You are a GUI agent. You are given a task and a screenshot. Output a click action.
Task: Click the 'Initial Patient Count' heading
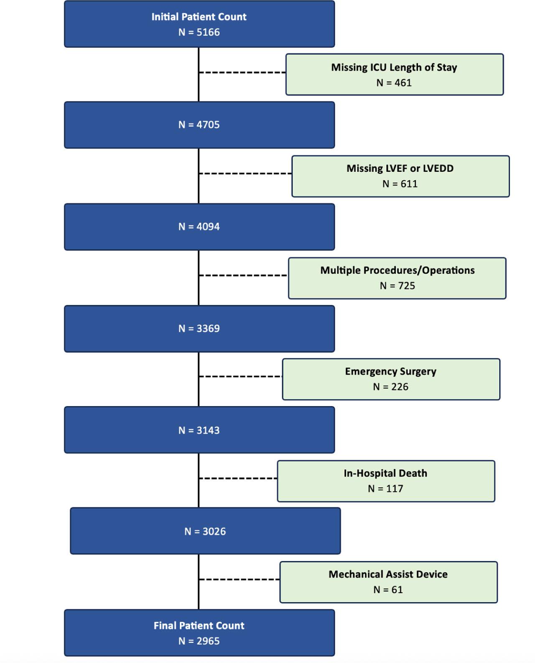[x=199, y=17]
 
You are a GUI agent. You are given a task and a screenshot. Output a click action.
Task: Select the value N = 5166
[x=199, y=32]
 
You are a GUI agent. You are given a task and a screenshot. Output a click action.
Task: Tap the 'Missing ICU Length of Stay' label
[x=394, y=67]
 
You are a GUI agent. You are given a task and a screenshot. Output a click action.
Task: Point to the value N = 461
[x=394, y=83]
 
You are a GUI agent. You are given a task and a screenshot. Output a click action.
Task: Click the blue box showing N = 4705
[x=199, y=125]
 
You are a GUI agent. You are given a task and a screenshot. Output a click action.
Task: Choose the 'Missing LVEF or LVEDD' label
[x=400, y=169]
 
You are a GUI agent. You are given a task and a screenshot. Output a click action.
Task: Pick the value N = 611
[x=400, y=184]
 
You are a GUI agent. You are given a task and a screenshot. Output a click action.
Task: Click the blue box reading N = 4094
[x=199, y=227]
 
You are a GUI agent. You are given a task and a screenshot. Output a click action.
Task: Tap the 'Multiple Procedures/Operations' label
[x=397, y=271]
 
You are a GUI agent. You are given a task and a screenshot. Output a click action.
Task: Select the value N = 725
[x=397, y=286]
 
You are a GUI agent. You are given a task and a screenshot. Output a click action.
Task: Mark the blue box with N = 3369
[x=199, y=329]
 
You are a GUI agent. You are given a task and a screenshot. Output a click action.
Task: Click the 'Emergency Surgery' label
[x=391, y=371]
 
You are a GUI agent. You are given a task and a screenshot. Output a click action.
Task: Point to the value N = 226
[x=391, y=387]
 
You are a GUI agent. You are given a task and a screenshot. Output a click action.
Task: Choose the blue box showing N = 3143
[x=199, y=430]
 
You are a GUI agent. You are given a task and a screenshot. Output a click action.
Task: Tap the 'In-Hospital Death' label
[x=385, y=474]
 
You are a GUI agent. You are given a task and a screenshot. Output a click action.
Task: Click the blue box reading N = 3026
[x=205, y=531]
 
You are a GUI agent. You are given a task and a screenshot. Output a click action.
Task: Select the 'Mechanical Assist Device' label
[x=388, y=574]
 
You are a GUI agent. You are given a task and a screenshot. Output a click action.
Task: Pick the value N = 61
[x=388, y=590]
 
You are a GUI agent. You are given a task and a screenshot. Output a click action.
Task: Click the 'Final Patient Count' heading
[x=199, y=626]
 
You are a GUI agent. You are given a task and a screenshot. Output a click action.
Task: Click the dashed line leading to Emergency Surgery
[x=240, y=376]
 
